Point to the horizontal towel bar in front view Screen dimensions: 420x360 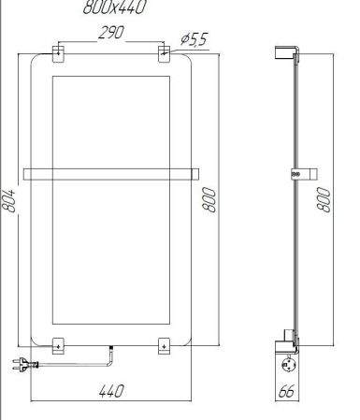pos(111,172)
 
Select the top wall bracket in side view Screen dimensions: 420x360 pos(290,54)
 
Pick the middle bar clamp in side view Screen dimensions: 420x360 pos(300,173)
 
